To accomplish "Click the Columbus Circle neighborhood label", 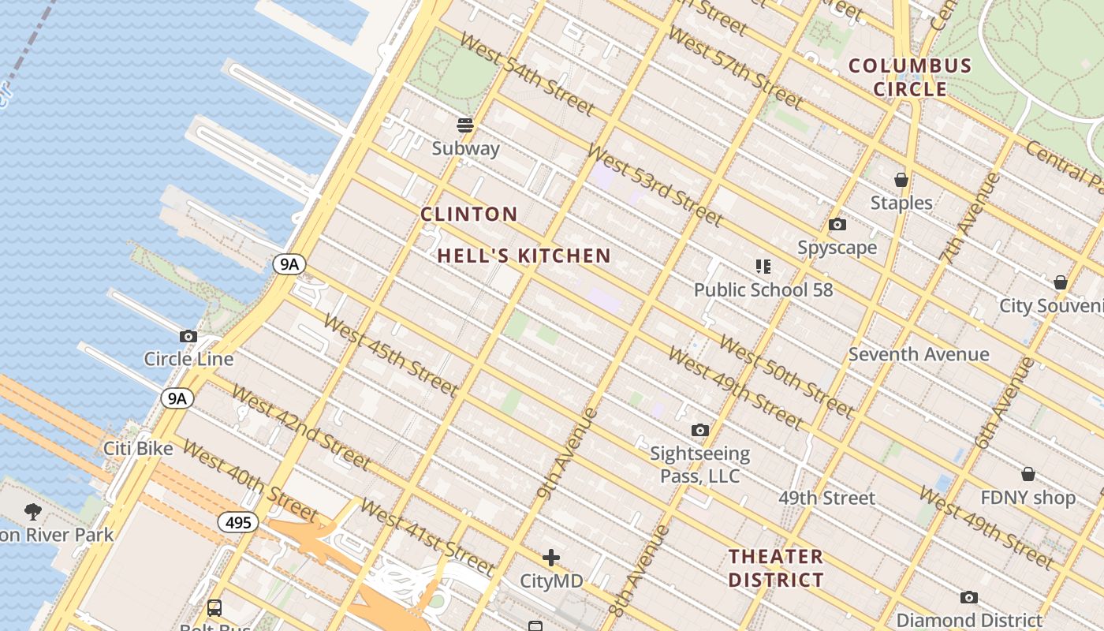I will pos(909,77).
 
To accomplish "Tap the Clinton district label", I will pos(469,214).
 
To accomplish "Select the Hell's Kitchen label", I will pos(524,256).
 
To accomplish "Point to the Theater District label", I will pos(776,568).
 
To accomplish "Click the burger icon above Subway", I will pos(465,125).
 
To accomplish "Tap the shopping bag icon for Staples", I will pos(901,181).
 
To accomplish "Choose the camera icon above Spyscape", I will pos(837,225).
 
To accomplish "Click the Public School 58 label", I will pos(763,289).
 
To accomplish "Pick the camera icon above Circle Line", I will pos(188,337).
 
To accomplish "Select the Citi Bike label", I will pos(138,449).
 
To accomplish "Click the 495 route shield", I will pos(237,522).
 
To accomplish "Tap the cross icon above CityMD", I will pos(551,558).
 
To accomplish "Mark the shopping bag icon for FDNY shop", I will pos(1028,474).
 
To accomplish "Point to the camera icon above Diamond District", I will pos(969,598).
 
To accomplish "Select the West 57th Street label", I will pos(735,68).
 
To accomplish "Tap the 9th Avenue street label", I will pos(567,454).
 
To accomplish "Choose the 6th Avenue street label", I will pos(1005,402).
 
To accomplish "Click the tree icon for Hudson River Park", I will pos(33,512).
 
